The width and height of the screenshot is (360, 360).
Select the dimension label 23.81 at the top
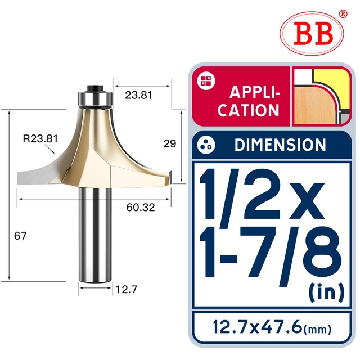(139, 95)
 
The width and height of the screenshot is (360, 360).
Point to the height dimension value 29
(169, 143)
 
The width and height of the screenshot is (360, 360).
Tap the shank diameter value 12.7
(127, 290)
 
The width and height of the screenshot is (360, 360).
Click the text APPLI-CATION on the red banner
(249, 101)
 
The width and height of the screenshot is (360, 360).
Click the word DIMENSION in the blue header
(280, 145)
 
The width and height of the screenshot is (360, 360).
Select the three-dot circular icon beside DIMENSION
(206, 145)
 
